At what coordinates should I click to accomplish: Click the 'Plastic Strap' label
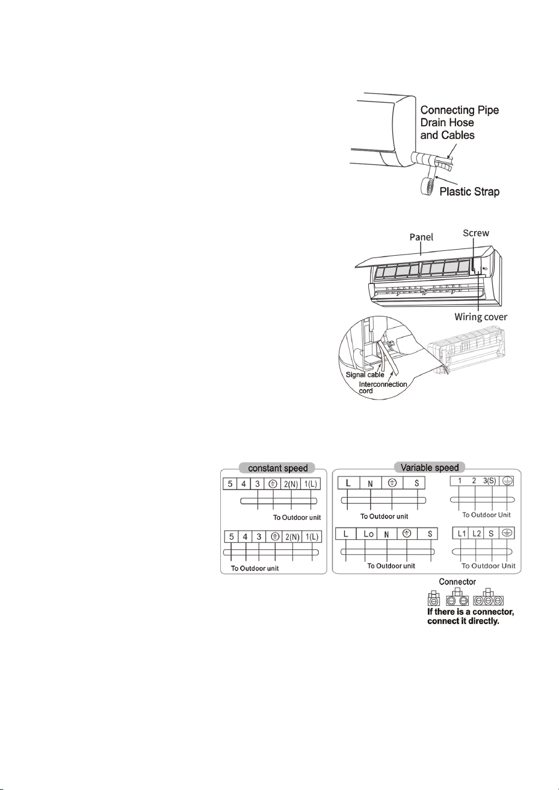pyautogui.click(x=469, y=192)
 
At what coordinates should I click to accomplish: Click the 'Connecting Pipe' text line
pyautogui.click(x=460, y=110)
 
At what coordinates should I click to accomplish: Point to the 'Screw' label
pyautogui.click(x=476, y=233)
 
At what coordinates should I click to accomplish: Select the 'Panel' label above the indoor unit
pyautogui.click(x=421, y=237)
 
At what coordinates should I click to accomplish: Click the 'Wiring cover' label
pyautogui.click(x=481, y=316)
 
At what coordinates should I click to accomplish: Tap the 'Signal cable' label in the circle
pyautogui.click(x=365, y=375)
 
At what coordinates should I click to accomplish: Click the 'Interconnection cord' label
pyautogui.click(x=383, y=387)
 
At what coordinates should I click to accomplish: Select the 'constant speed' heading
pyautogui.click(x=278, y=468)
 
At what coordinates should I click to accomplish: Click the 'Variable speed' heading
pyautogui.click(x=430, y=468)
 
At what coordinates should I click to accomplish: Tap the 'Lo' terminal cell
pyautogui.click(x=368, y=534)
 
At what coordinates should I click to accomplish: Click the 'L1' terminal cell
pyautogui.click(x=462, y=534)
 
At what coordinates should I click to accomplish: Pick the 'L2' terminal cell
pyautogui.click(x=477, y=534)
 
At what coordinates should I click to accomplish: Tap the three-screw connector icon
pyautogui.click(x=489, y=598)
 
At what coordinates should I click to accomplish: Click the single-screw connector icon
pyautogui.click(x=433, y=599)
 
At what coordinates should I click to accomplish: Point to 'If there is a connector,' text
pyautogui.click(x=471, y=612)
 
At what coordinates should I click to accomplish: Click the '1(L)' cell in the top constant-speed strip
pyautogui.click(x=311, y=484)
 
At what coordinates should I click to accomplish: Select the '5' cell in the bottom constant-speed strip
pyautogui.click(x=231, y=537)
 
